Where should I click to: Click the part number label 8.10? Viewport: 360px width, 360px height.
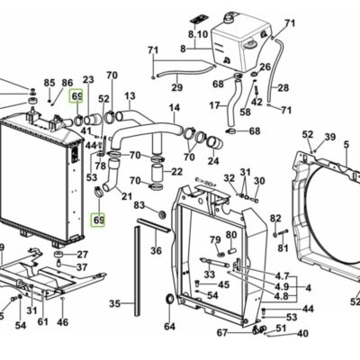[x=198, y=35]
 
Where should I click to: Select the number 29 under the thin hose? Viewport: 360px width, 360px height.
[x=177, y=87]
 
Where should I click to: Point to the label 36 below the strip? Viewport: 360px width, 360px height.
[x=156, y=250]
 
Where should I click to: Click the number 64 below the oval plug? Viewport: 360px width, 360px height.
[x=169, y=327]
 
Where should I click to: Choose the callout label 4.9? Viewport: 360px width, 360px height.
[x=282, y=286]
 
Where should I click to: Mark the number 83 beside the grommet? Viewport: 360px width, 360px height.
[x=139, y=205]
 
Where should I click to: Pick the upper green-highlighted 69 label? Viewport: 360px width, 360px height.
[x=76, y=96]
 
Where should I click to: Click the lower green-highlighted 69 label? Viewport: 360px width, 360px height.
[x=98, y=220]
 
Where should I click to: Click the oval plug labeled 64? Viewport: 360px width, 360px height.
[x=170, y=299]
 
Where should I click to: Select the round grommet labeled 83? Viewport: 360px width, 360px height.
[x=162, y=215]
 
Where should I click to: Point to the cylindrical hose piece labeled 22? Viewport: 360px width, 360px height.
[x=157, y=171]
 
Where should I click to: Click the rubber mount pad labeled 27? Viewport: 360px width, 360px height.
[x=58, y=255]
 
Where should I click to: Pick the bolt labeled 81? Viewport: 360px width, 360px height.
[x=283, y=232]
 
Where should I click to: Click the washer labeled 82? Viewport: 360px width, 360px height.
[x=274, y=234]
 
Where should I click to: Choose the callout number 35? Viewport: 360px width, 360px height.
[x=114, y=303]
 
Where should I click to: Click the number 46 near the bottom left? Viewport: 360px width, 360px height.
[x=62, y=322]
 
